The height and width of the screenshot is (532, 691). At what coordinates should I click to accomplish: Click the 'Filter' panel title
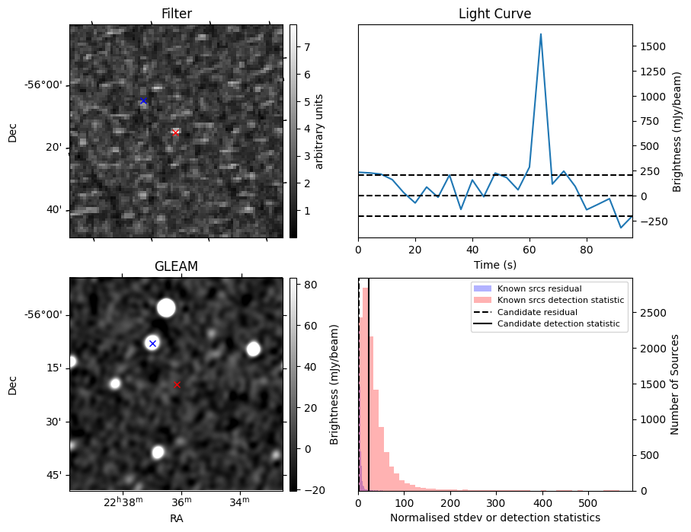(176, 14)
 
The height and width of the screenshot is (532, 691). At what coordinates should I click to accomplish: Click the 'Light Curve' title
(494, 14)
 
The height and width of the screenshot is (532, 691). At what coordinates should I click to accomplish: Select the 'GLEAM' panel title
(176, 266)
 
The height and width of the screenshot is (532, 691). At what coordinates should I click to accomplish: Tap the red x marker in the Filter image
(175, 132)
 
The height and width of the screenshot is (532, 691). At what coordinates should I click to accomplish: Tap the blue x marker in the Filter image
(143, 101)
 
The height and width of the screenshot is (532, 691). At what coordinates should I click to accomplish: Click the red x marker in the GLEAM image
(177, 384)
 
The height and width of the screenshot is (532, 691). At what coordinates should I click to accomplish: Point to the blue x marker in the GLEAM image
(152, 343)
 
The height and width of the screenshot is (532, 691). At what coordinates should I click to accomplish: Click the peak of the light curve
(541, 34)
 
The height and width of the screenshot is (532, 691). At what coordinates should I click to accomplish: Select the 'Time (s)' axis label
(494, 263)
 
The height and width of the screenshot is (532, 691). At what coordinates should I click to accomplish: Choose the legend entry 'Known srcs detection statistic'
(560, 301)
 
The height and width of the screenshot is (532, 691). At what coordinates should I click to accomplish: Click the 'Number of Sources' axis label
(675, 384)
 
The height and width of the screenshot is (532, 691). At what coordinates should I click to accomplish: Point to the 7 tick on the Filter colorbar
(304, 47)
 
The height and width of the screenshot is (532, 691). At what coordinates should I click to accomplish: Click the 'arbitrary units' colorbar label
(319, 131)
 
